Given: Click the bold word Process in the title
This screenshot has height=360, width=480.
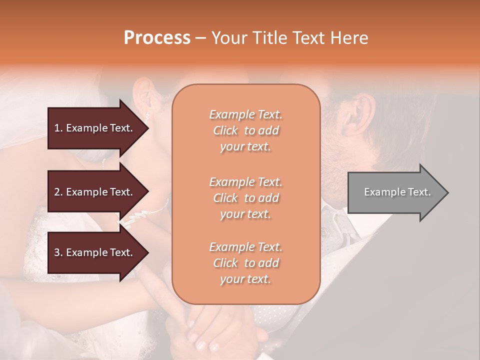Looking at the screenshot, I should [157, 38].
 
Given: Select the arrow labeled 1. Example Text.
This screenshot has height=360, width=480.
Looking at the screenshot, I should [95, 128].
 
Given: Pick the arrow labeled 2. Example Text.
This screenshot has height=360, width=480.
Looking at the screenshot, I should [95, 192].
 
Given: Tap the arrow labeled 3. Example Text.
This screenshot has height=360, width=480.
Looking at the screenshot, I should [95, 252].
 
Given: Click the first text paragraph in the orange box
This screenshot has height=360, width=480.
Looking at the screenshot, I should [245, 130].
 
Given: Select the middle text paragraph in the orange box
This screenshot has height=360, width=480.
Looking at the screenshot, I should [245, 198].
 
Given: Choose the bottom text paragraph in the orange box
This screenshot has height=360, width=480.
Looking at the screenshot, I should [245, 263].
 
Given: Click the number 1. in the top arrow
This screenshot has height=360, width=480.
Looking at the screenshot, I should [58, 128].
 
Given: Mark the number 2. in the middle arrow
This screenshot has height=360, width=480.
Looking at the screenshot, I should [58, 192].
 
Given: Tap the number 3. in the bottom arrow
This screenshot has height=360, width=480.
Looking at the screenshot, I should [58, 252].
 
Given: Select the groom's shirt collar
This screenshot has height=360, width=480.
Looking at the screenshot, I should [340, 220].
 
